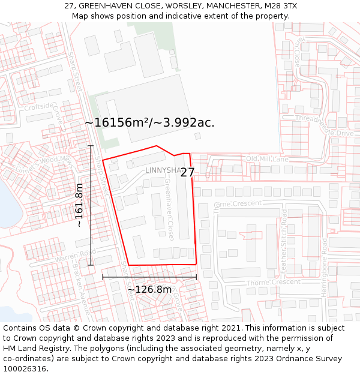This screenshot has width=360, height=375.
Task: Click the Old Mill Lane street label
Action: [x=267, y=159]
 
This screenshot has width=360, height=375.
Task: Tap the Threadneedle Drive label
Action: [x=323, y=126]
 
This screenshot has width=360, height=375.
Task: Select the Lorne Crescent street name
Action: [x=238, y=203]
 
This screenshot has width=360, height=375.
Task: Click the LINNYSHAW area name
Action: [x=162, y=170]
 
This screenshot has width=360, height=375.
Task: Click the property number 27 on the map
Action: [x=187, y=172]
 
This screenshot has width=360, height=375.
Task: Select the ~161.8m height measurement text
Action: [x=79, y=205]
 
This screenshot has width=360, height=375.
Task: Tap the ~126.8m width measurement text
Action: [x=149, y=289]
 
